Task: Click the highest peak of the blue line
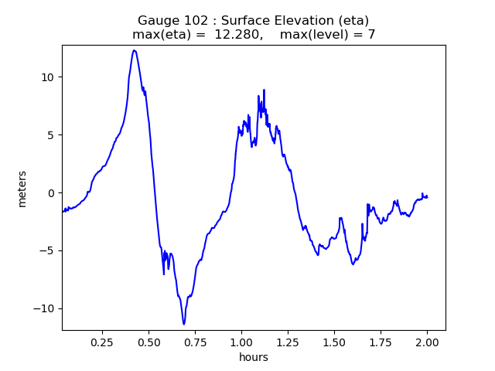134,50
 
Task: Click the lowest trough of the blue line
184,324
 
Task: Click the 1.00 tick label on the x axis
241,340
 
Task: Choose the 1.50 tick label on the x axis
334,340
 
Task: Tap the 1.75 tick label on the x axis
381,340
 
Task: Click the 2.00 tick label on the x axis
427,340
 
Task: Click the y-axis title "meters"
22,189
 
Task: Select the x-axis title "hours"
254,357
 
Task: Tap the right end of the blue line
427,197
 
